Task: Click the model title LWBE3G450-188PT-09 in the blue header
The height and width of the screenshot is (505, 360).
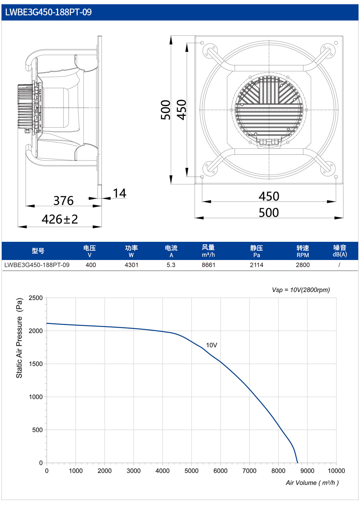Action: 48,12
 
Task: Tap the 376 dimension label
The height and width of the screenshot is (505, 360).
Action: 63,200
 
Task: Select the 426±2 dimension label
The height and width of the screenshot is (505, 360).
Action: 60,219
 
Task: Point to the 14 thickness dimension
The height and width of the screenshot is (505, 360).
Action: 120,193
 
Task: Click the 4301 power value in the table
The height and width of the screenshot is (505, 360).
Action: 131,265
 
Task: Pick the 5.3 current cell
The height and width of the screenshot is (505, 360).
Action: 171,265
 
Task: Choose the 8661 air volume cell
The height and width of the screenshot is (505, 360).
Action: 209,265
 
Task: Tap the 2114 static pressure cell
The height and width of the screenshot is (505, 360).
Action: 257,265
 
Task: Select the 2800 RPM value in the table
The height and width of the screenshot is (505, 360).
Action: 303,265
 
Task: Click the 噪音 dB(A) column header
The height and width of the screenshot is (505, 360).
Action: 340,251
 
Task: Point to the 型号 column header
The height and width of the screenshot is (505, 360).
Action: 38,251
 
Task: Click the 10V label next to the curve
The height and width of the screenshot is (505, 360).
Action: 211,345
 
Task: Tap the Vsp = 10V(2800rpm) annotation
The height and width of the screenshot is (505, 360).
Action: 301,290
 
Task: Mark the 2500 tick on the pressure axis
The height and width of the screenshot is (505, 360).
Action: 36,298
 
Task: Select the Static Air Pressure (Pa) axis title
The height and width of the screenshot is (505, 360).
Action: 19,338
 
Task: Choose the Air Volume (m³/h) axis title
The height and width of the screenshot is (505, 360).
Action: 312,483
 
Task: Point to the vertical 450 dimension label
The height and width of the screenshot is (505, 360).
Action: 181,110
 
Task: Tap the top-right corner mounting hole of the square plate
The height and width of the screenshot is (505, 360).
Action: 336,43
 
